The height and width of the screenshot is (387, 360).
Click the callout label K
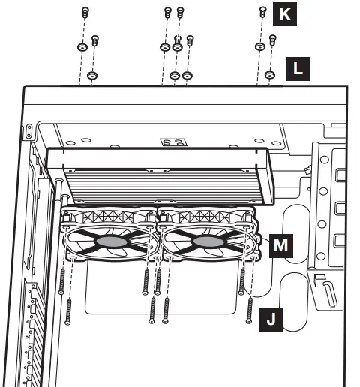[285, 14]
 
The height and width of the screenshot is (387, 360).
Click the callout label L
[298, 69]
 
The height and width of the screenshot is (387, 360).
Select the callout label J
[271, 320]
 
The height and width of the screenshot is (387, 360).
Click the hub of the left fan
[109, 241]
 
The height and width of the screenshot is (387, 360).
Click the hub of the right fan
[206, 241]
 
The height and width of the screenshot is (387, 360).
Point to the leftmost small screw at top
[83, 13]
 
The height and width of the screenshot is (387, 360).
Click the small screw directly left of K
[262, 12]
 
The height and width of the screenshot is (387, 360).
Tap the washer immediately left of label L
[271, 75]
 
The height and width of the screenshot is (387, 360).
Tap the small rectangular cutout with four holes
[173, 142]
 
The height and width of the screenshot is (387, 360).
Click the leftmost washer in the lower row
[92, 76]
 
